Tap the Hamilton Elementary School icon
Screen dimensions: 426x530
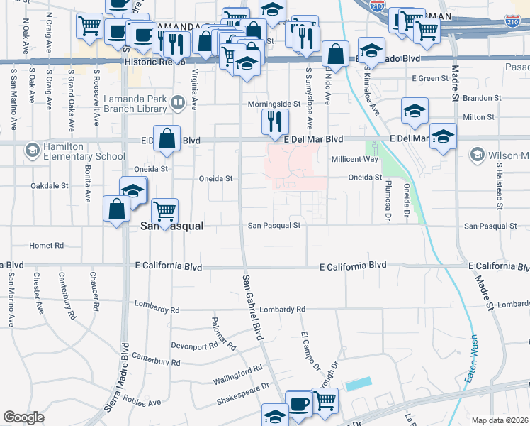tap(32, 151)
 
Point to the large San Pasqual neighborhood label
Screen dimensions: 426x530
tap(172, 226)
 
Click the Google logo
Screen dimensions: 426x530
tap(23, 417)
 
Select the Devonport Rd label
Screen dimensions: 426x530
tap(194, 345)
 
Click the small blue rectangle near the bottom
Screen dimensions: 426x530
tap(358, 383)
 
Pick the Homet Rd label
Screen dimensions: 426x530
tap(46, 246)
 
